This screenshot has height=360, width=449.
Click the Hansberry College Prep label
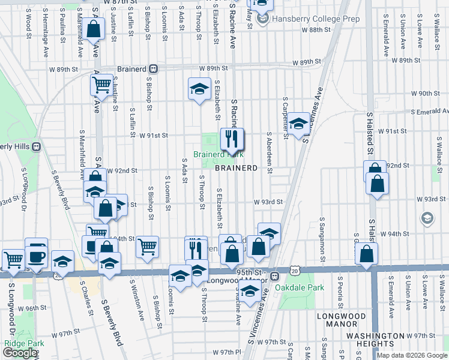coord(316,19)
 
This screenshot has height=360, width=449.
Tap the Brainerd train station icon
coord(154,68)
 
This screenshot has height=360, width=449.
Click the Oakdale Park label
coord(300,287)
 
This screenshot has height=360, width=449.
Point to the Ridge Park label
coord(20,343)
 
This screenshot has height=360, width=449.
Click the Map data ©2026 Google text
coord(412,355)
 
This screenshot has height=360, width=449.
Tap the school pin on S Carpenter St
coord(298,124)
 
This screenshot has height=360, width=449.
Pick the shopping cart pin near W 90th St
coord(103,85)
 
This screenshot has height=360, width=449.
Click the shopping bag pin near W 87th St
coord(94,29)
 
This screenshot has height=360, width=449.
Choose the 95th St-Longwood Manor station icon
coord(274,277)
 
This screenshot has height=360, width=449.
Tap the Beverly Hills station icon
coord(37,146)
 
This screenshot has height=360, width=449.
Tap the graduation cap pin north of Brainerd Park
coord(197,90)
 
